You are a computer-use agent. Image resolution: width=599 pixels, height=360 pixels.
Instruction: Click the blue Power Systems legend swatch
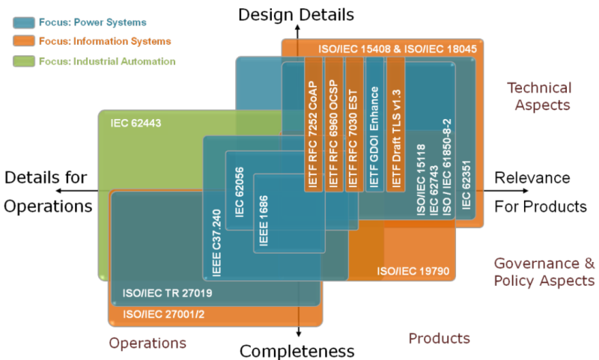coord(25,22)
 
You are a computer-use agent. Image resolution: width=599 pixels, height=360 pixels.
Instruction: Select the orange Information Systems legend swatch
coord(25,42)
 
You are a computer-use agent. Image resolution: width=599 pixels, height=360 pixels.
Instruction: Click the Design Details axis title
coord(297,13)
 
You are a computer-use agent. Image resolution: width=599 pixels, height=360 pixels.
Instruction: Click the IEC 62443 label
coord(136,121)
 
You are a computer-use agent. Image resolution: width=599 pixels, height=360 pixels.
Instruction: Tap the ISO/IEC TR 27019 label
coord(167,294)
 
